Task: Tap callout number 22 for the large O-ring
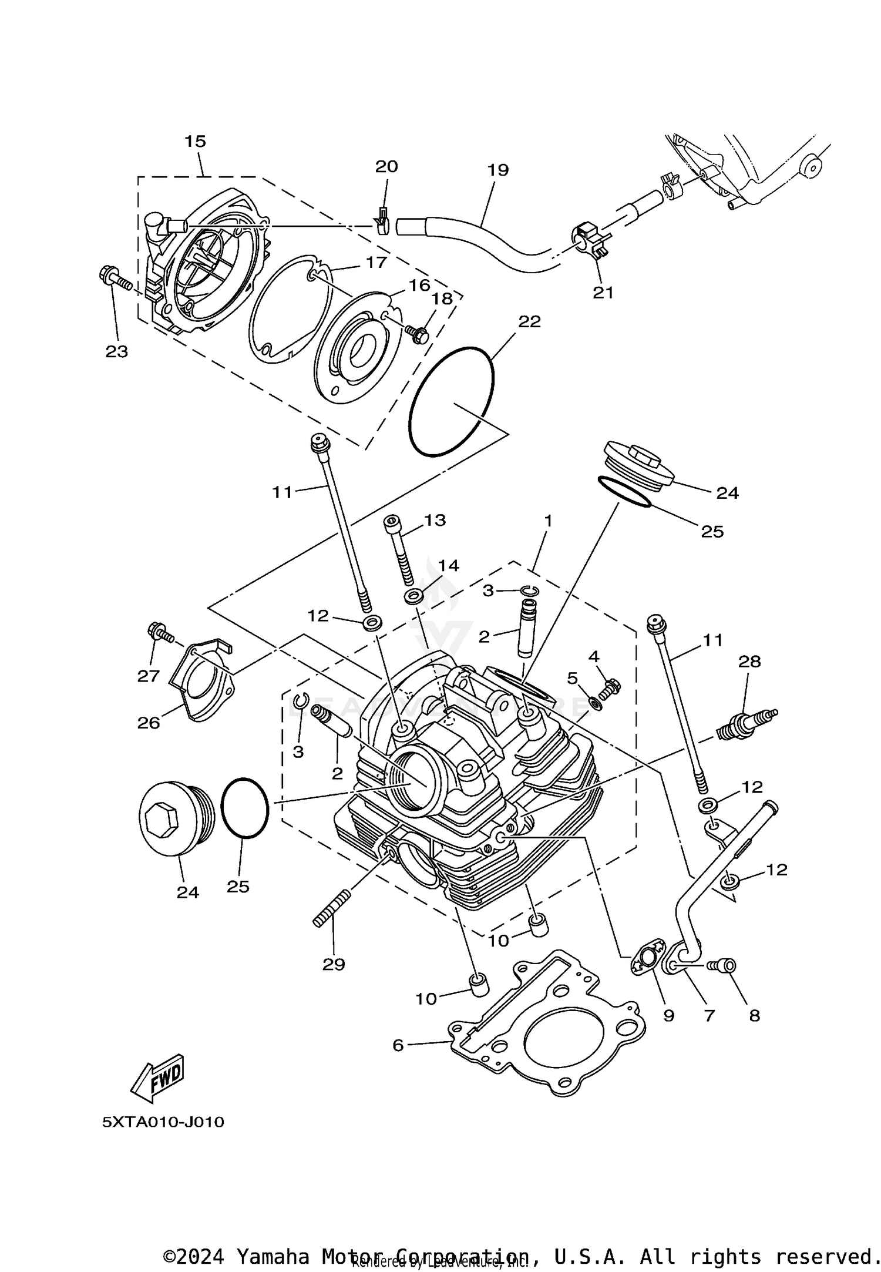click(x=529, y=321)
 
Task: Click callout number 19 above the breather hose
click(x=497, y=170)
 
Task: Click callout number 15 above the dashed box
click(x=195, y=141)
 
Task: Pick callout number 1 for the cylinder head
click(x=548, y=521)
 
